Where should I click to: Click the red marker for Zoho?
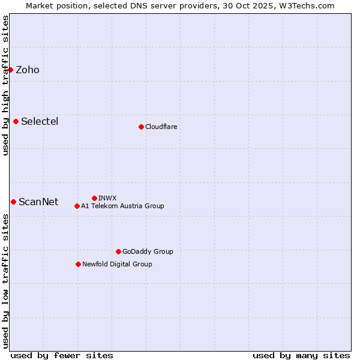(x=10, y=70)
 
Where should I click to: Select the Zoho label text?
(x=28, y=70)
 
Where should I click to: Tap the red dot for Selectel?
(x=16, y=121)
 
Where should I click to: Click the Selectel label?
(x=40, y=122)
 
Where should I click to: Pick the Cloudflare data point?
(x=141, y=127)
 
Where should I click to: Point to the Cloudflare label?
(x=161, y=127)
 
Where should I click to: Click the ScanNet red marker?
(x=13, y=202)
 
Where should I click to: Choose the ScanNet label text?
(x=38, y=202)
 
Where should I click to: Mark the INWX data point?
(x=94, y=198)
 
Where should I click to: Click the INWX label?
(x=107, y=199)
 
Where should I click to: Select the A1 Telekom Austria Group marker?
(x=77, y=206)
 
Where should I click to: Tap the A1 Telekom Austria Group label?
(x=122, y=206)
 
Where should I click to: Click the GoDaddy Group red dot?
(x=118, y=251)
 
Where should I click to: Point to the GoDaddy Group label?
(x=148, y=252)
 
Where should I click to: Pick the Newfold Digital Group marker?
(x=78, y=264)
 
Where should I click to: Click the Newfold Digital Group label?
(x=117, y=265)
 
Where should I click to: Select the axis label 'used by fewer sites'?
(x=62, y=355)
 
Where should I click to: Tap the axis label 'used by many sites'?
(x=301, y=355)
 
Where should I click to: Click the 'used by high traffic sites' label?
(x=5, y=85)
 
